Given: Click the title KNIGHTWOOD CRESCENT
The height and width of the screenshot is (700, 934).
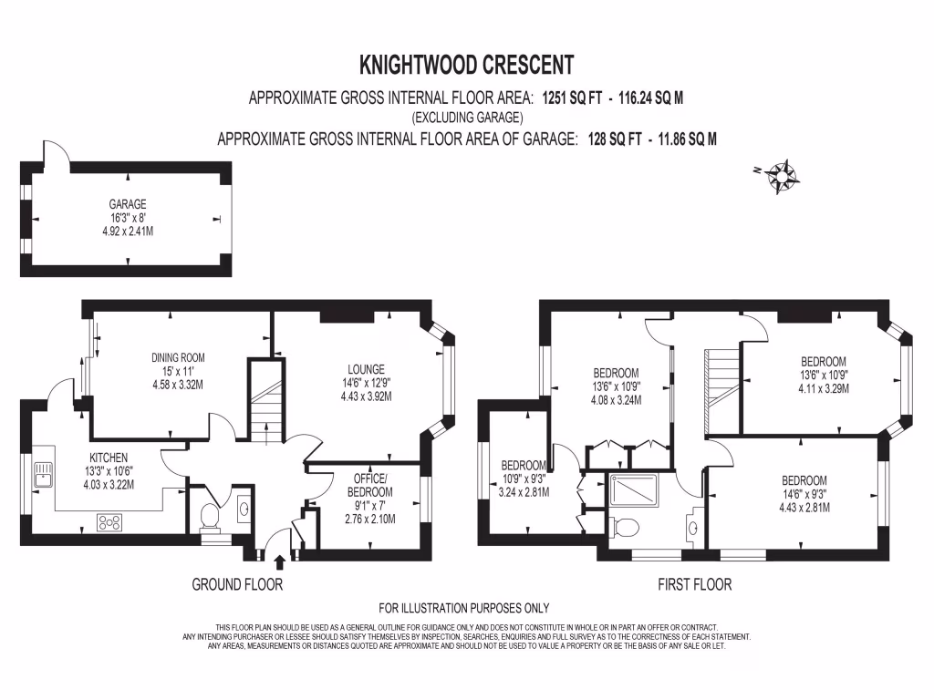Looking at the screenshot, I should point(467,65).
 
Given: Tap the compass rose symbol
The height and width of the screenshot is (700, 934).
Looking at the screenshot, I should point(783,174).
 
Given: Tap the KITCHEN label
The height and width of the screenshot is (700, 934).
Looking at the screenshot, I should point(109,458).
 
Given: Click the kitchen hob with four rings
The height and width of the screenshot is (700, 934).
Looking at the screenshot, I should point(110,522).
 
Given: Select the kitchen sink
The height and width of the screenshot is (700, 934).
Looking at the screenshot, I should point(42,473).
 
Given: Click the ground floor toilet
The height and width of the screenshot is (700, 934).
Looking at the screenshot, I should point(208,516).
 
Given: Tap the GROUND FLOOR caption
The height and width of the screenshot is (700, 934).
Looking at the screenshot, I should point(237,584).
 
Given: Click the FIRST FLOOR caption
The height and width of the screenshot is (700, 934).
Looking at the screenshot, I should point(694,584).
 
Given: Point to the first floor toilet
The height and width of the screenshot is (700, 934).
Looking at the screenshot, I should point(628,527).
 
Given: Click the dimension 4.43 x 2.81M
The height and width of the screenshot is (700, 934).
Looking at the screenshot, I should point(804,508).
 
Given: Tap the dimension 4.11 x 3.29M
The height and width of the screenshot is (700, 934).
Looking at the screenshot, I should point(824,387).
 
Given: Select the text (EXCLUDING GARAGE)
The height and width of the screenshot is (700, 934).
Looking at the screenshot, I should point(467,118).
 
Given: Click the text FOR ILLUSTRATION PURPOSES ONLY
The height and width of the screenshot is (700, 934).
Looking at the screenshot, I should point(464,608).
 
